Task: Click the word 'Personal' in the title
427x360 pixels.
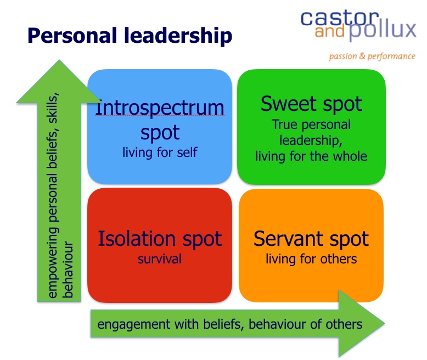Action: pyautogui.click(x=72, y=36)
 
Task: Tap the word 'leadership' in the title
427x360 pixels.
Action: pyautogui.click(x=178, y=36)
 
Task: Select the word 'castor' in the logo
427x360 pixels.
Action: pyautogui.click(x=340, y=18)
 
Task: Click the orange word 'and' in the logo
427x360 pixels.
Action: pyautogui.click(x=330, y=31)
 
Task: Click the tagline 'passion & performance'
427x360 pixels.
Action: pyautogui.click(x=372, y=57)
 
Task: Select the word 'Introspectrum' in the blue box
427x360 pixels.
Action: pyautogui.click(x=160, y=108)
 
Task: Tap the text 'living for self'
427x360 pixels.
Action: pyautogui.click(x=160, y=152)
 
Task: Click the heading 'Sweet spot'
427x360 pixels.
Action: pyautogui.click(x=311, y=104)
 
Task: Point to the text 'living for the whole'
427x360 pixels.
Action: pyautogui.click(x=311, y=156)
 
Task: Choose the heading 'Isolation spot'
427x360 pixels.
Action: pyautogui.click(x=160, y=239)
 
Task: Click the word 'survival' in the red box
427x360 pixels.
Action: pyautogui.click(x=160, y=258)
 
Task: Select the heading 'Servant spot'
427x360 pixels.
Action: pyautogui.click(x=311, y=239)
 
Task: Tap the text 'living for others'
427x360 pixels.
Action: pyautogui.click(x=311, y=259)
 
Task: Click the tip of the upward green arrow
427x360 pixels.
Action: pyautogui.click(x=59, y=60)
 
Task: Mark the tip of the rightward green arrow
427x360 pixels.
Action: pyautogui.click(x=384, y=324)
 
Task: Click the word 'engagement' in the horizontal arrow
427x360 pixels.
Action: pyautogui.click(x=134, y=324)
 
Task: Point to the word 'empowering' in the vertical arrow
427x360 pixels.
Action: pyautogui.click(x=53, y=262)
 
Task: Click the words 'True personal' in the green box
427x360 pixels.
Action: pyautogui.click(x=311, y=125)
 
